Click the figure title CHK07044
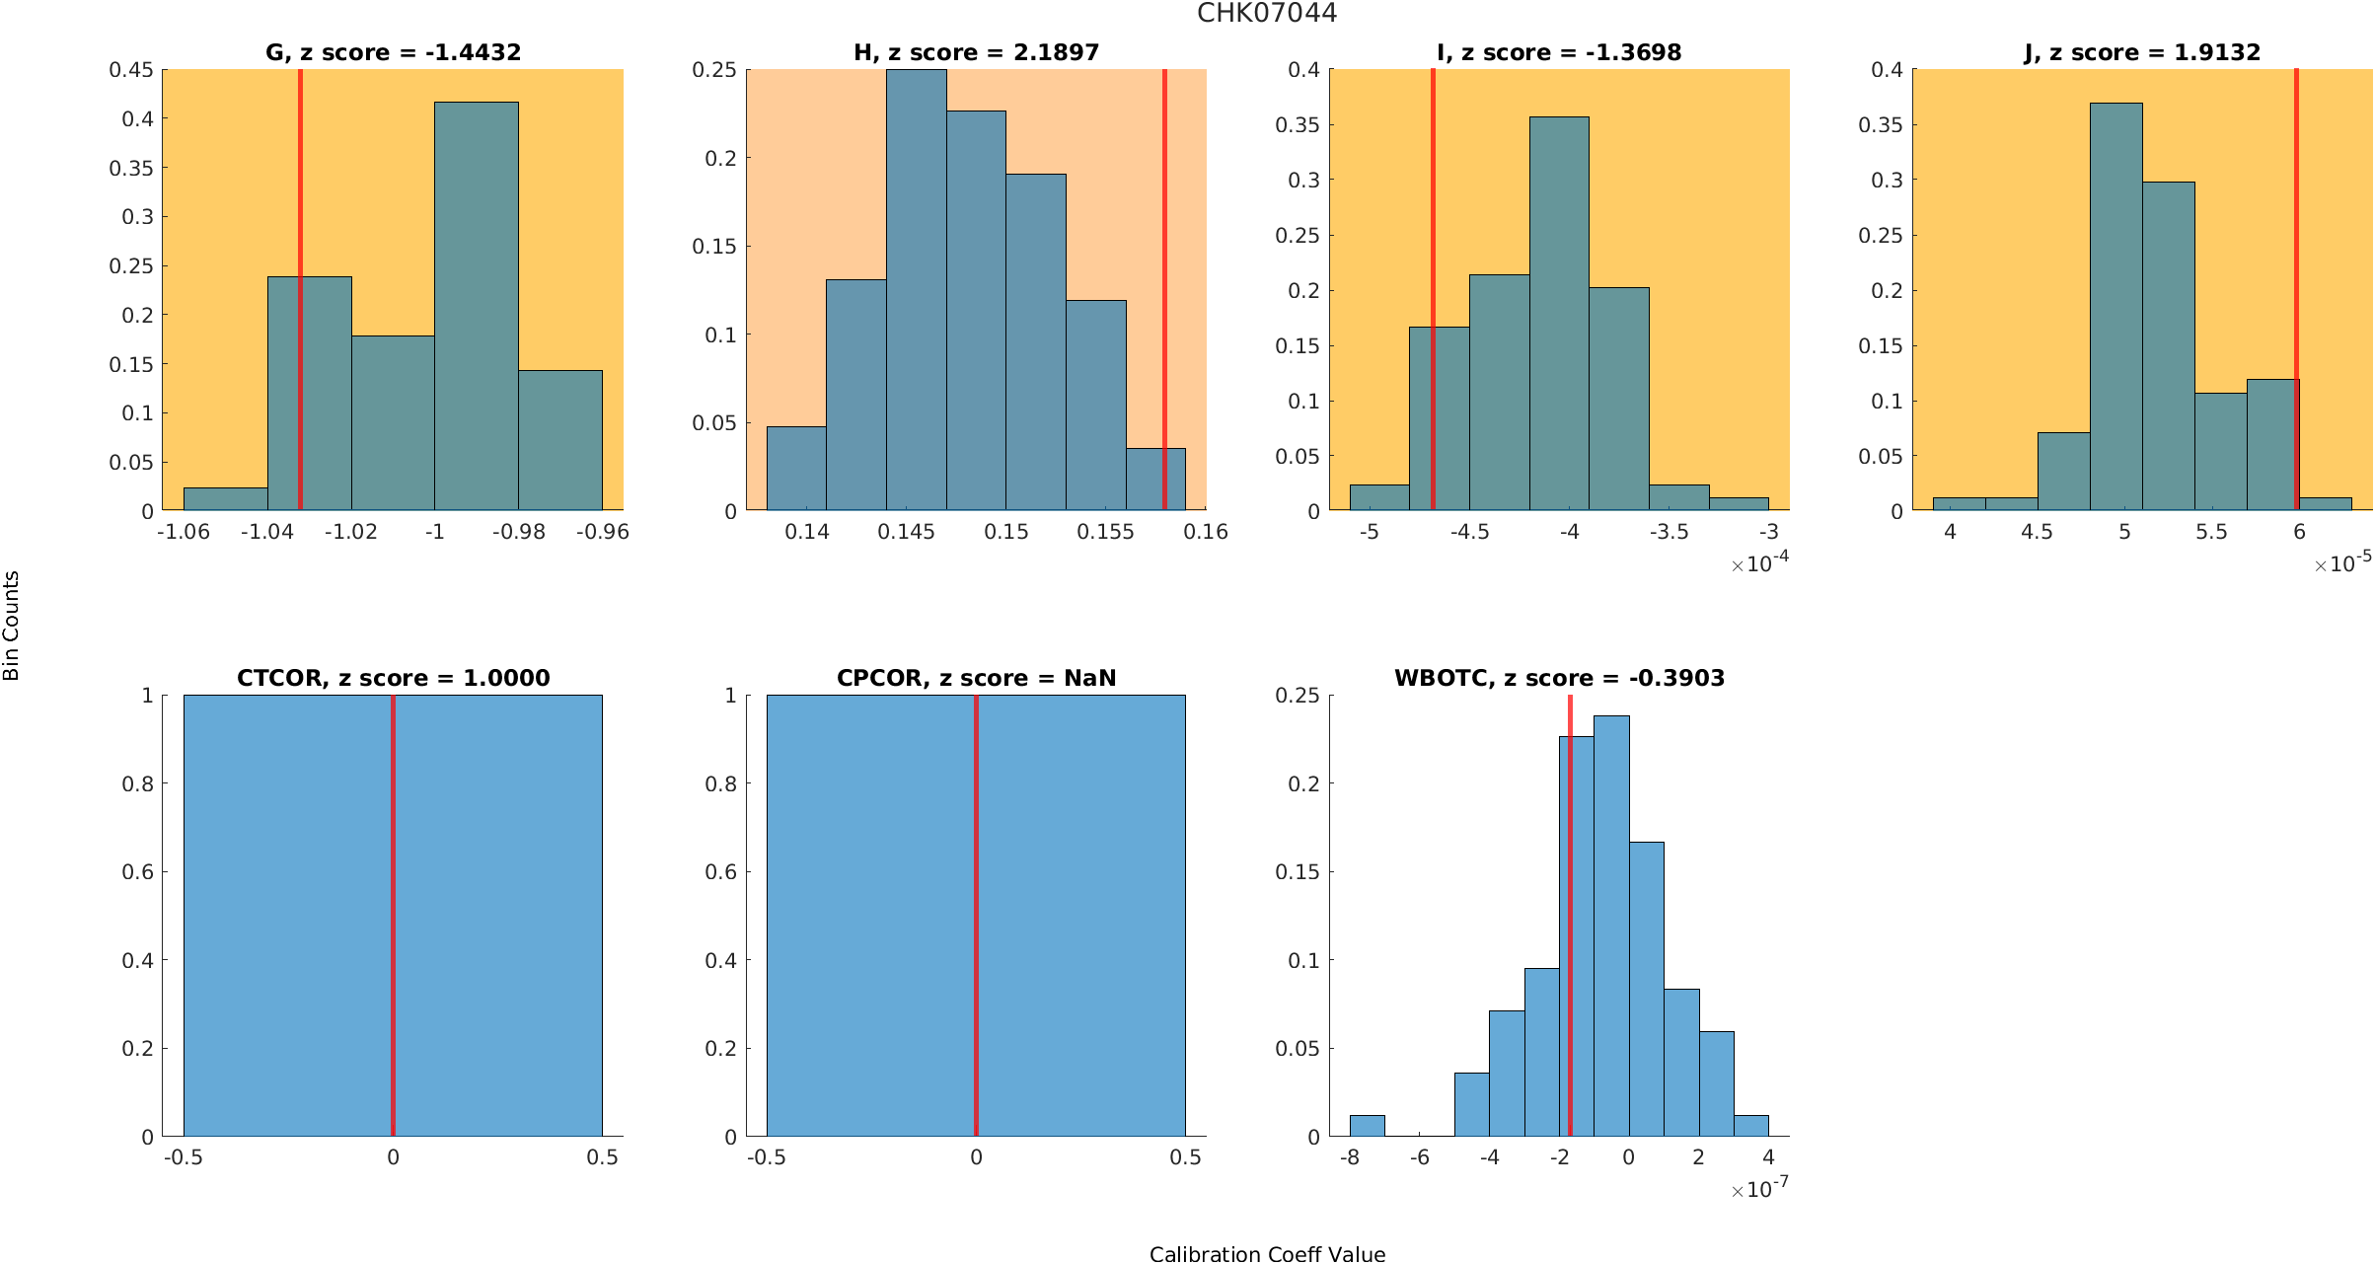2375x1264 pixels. tap(1267, 13)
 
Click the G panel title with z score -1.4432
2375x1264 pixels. tap(393, 52)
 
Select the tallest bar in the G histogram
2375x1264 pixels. tap(476, 306)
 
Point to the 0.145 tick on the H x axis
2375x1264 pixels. tap(906, 532)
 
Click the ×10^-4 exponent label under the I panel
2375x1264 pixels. tap(1759, 563)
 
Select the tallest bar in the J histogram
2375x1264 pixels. tap(2115, 306)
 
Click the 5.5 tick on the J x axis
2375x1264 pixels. tap(2211, 532)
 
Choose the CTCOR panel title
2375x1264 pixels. tap(393, 678)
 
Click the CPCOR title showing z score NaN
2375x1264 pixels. tap(976, 678)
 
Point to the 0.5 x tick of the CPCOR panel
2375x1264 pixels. tap(1185, 1157)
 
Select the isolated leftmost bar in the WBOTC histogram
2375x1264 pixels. tap(1367, 1126)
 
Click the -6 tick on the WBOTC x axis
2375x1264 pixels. tap(1419, 1157)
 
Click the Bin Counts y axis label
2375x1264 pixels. tap(12, 626)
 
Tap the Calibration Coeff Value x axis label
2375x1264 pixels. tap(1267, 1254)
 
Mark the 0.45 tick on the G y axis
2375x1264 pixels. tap(131, 70)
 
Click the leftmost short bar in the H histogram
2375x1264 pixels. tap(796, 469)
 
